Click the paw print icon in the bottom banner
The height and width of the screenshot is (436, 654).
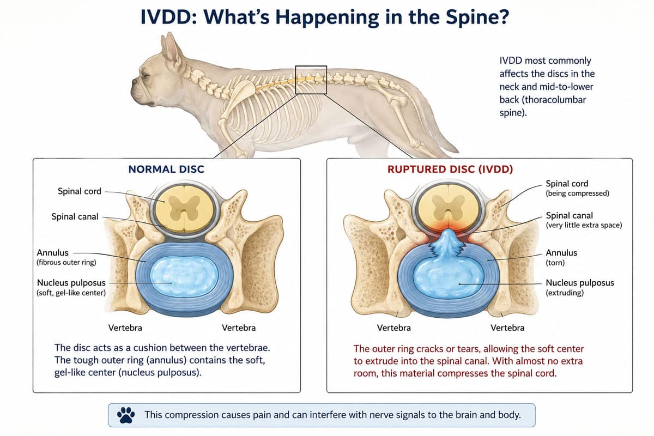click(126, 415)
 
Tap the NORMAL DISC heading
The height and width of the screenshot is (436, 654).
click(166, 169)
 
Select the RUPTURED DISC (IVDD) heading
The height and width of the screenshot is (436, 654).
click(450, 169)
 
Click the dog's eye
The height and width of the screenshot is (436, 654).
click(145, 76)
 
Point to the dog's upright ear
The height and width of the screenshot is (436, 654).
click(173, 52)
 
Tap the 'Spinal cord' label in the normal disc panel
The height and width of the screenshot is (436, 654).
click(80, 191)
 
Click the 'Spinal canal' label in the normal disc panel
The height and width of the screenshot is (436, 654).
click(75, 217)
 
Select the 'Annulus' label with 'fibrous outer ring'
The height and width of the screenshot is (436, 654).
click(66, 257)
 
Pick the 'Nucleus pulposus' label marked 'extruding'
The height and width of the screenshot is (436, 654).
click(580, 287)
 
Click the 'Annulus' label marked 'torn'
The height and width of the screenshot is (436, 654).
click(561, 257)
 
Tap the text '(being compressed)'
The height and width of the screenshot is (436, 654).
click(578, 193)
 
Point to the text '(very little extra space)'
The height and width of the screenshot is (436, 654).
click(584, 225)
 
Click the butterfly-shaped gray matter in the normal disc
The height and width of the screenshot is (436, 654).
click(184, 208)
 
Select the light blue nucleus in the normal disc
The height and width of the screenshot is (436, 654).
click(184, 276)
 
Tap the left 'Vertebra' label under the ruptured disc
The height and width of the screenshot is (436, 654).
click(394, 328)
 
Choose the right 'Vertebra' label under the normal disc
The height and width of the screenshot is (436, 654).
click(239, 328)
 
